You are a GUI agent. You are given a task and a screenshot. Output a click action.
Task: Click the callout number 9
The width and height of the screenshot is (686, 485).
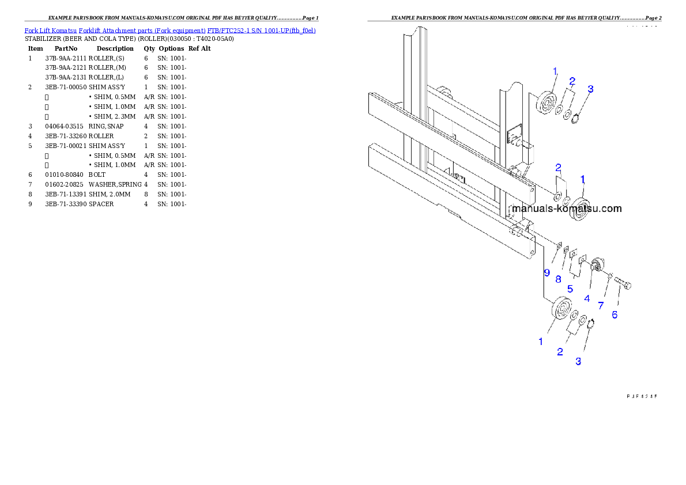[546, 272]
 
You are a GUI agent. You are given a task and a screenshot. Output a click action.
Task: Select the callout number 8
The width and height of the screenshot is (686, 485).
[558, 279]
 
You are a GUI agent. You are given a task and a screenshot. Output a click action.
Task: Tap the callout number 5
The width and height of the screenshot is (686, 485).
[570, 288]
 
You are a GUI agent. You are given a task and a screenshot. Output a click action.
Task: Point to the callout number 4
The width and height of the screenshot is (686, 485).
[587, 298]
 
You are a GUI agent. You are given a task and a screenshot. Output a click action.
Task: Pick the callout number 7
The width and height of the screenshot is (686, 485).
[601, 305]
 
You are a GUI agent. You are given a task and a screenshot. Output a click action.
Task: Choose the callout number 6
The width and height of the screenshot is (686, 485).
[615, 315]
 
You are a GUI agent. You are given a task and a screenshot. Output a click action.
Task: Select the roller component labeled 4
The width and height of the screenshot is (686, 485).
[597, 267]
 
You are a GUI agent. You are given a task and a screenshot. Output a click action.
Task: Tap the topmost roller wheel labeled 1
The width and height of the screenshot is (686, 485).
[545, 104]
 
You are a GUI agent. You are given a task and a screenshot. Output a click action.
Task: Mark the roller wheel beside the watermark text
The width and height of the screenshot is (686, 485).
[579, 207]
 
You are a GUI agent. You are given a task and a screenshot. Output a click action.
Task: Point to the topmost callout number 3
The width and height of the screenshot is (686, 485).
[590, 89]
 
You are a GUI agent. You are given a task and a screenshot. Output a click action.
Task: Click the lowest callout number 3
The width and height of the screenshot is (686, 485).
[578, 361]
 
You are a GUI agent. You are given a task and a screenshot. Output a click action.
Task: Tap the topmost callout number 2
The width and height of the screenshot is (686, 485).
[572, 81]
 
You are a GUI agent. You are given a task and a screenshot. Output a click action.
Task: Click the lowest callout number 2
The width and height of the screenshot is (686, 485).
[560, 352]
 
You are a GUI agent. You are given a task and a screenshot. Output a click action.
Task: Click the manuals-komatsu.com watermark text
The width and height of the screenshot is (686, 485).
[567, 209]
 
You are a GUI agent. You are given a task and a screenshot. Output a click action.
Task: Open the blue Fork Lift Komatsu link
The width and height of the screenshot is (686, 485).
[170, 30]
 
